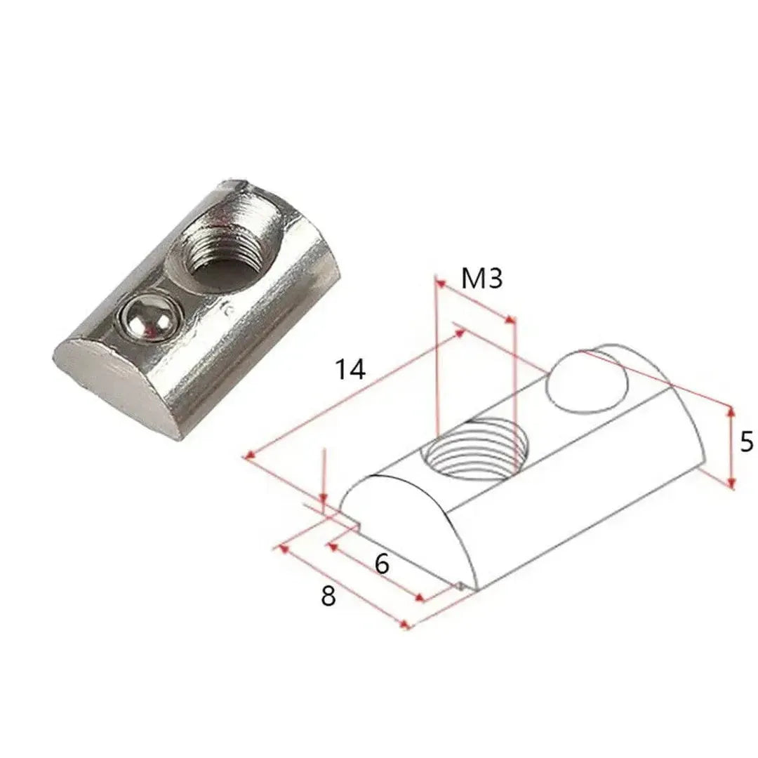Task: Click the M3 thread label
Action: [482, 279]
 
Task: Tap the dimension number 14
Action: [350, 369]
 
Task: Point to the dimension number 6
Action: [383, 563]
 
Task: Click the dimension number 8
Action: [328, 596]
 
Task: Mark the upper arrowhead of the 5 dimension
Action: [731, 410]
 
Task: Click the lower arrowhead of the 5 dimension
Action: [731, 484]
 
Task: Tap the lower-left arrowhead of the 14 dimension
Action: [248, 456]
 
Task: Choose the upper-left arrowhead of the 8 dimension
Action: [283, 547]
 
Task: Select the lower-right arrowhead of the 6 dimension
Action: [420, 599]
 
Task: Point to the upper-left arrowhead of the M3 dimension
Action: [439, 281]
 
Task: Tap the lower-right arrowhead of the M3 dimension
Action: [511, 320]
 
